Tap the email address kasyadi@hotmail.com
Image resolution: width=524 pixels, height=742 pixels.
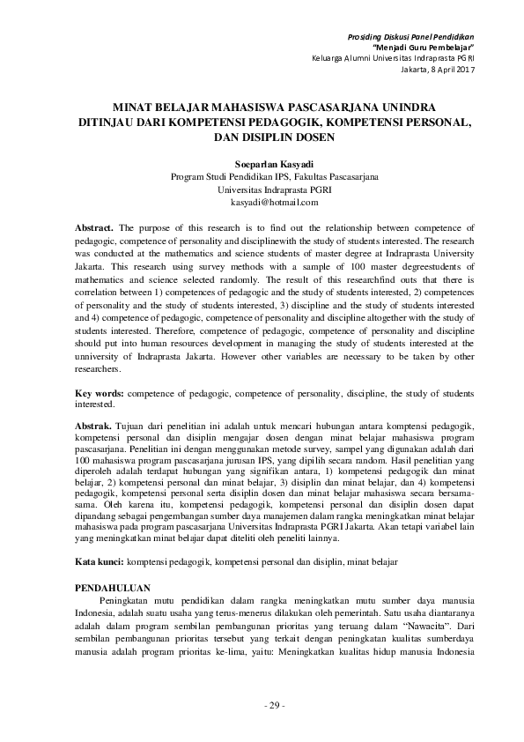coord(274,202)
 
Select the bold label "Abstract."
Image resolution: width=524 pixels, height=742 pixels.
coord(93,227)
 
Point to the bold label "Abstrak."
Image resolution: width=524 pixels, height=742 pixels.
coord(92,426)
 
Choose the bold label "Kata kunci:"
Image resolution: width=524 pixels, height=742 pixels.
coord(99,560)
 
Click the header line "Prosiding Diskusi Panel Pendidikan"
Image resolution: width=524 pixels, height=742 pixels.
coord(411,34)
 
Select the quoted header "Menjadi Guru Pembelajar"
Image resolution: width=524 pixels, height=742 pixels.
coord(424,46)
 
